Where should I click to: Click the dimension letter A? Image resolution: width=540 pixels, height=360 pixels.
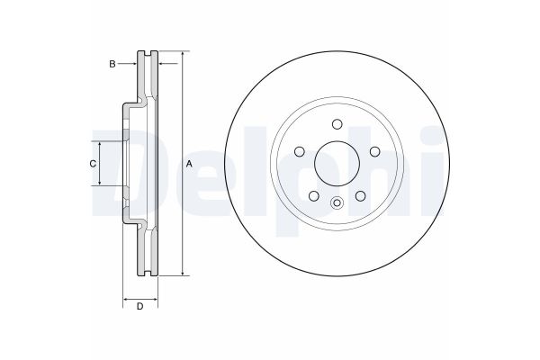pyautogui.click(x=189, y=164)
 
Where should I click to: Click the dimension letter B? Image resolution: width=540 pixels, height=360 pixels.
pyautogui.click(x=112, y=63)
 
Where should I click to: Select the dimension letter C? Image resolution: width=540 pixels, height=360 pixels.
pyautogui.click(x=92, y=164)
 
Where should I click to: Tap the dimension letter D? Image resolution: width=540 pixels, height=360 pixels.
pyautogui.click(x=139, y=308)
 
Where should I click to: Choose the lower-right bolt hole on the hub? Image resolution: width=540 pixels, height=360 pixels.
pyautogui.click(x=359, y=194)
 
